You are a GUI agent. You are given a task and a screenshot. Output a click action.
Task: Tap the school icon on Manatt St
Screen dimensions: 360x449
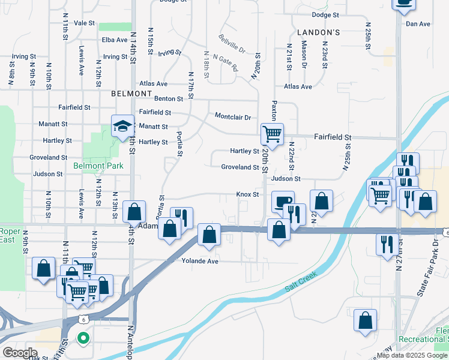click(122, 125)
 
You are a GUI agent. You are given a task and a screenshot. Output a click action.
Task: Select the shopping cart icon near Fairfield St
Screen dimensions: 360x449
click(272, 134)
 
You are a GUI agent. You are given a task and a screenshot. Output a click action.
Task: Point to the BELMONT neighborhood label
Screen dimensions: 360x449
click(131, 94)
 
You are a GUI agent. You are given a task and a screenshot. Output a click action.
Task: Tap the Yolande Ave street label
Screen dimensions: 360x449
click(200, 261)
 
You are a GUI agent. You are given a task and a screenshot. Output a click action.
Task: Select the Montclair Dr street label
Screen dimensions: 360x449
click(232, 117)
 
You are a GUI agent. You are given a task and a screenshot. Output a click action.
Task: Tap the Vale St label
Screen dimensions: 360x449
click(85, 23)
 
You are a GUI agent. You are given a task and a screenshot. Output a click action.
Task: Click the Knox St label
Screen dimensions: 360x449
click(247, 194)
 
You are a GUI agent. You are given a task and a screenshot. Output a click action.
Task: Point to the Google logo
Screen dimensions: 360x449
click(20, 353)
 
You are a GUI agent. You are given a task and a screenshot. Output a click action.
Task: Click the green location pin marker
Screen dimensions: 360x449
click(83, 339)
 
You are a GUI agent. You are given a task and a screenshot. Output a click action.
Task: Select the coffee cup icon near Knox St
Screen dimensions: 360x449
click(282, 201)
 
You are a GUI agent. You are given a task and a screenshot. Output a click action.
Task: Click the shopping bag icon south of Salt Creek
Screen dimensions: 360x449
click(365, 320)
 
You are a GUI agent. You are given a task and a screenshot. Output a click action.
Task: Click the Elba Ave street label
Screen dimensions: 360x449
click(115, 40)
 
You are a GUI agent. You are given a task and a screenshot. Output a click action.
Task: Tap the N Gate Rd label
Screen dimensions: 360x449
click(228, 62)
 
